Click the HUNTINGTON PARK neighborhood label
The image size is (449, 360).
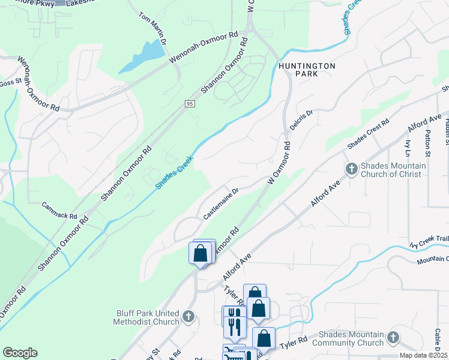point(298,70)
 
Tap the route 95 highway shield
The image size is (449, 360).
point(188,103)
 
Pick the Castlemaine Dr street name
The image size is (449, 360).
point(220,204)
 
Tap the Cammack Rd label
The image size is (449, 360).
point(59,211)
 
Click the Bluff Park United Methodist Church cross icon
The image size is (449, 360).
point(188,316)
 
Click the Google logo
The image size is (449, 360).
point(20,353)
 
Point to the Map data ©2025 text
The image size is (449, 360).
point(423,355)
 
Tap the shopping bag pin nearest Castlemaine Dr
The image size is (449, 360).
point(200,253)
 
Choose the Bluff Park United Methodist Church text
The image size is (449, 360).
point(146,317)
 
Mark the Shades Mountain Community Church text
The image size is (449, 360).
point(351,338)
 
